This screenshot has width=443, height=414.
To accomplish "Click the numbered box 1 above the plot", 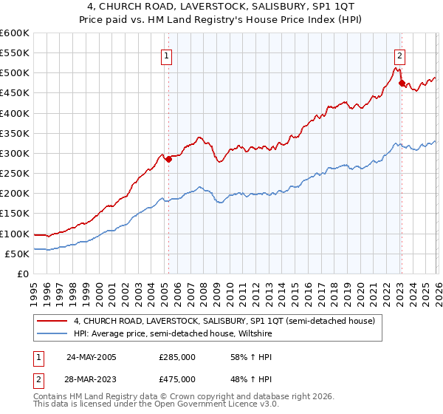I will [167, 55].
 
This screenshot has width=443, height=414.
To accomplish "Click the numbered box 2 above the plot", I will [399, 55].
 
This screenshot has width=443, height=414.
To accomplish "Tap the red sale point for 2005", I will [168, 159].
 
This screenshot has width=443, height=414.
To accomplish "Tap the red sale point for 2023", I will [402, 83].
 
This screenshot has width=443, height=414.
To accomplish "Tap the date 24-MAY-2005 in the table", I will [92, 357].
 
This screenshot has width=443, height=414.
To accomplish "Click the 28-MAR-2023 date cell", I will [92, 379].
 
